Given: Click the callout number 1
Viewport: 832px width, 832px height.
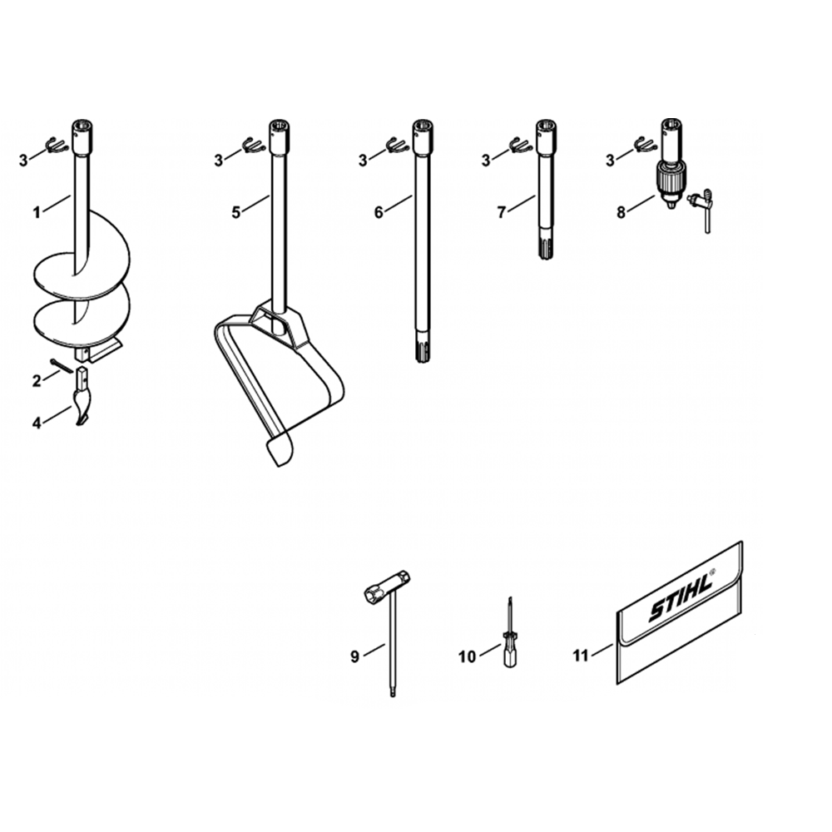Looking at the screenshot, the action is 36,213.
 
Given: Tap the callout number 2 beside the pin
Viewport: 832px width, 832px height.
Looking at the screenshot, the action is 36,380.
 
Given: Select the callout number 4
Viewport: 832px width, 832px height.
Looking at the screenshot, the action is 36,423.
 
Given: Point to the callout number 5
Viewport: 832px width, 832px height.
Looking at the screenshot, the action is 235,212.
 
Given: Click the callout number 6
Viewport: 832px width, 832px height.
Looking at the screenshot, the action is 379,212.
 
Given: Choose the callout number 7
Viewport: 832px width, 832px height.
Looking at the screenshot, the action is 502,212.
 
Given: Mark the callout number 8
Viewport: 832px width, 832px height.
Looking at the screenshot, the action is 622,212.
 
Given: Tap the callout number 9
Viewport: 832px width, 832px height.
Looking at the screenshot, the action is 355,656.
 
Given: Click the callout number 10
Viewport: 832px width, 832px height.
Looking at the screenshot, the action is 467,657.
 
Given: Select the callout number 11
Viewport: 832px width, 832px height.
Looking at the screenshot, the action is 581,656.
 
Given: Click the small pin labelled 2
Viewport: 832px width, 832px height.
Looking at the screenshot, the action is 62,366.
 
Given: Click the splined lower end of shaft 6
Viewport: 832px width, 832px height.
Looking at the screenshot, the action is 422,346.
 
